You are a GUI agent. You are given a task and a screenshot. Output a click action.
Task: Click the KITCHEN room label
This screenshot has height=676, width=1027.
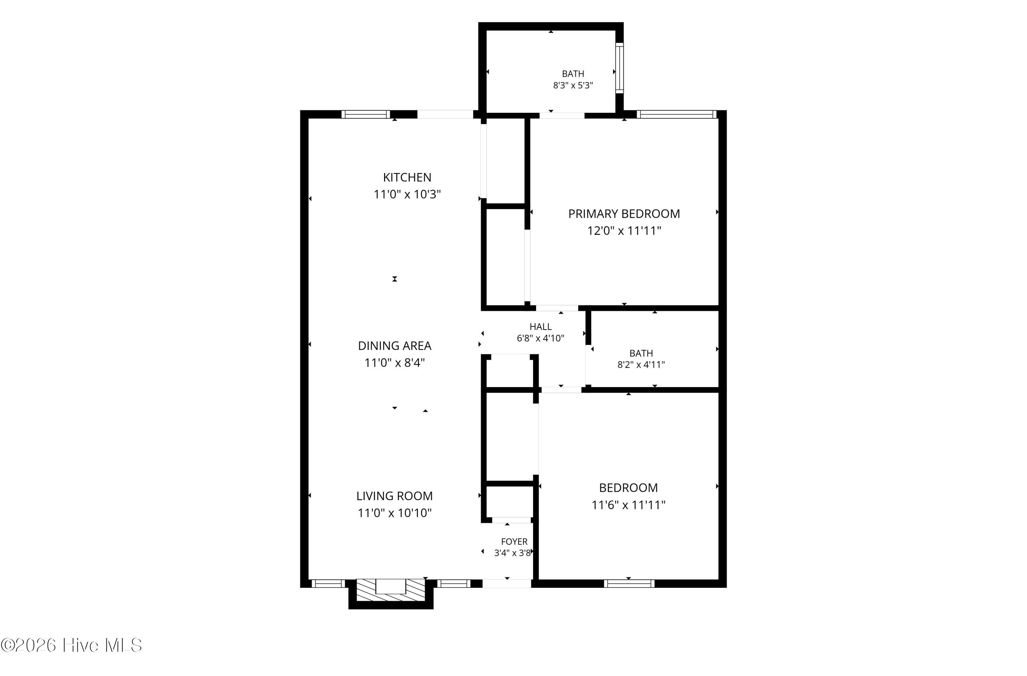407,177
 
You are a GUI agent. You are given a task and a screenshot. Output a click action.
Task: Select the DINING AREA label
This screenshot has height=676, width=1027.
394,346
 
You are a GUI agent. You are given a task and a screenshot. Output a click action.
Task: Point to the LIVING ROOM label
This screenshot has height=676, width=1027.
394,496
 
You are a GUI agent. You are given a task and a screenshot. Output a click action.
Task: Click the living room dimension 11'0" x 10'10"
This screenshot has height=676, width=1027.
394,513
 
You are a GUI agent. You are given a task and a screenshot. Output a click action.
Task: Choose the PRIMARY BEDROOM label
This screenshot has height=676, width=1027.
624,214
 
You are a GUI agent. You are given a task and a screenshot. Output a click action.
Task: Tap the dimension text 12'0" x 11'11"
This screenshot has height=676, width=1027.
624,231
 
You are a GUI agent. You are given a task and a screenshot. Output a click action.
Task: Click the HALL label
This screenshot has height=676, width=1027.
540,327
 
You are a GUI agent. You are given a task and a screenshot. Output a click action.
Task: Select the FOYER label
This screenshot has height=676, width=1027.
514,542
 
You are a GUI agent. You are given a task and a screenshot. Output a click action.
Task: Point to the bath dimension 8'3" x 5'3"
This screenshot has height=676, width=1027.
573,85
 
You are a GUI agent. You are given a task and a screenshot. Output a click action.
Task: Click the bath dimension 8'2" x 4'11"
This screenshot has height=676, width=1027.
641,365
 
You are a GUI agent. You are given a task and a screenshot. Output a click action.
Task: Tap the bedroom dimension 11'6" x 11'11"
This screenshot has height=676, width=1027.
628,504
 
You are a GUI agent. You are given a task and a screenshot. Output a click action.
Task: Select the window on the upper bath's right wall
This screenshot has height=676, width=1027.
619,68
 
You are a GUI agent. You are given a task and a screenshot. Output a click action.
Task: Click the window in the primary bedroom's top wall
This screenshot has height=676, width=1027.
676,114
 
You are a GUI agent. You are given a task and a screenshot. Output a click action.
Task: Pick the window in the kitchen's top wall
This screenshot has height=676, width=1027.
366,114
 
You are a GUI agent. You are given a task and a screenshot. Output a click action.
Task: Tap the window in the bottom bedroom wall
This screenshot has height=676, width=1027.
629,583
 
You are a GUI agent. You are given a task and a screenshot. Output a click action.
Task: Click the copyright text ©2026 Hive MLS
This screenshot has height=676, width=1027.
72,645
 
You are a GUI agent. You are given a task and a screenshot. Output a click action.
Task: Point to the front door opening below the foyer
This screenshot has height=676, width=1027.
507,583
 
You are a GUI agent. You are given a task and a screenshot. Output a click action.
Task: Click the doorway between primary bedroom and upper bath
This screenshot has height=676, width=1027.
562,115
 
